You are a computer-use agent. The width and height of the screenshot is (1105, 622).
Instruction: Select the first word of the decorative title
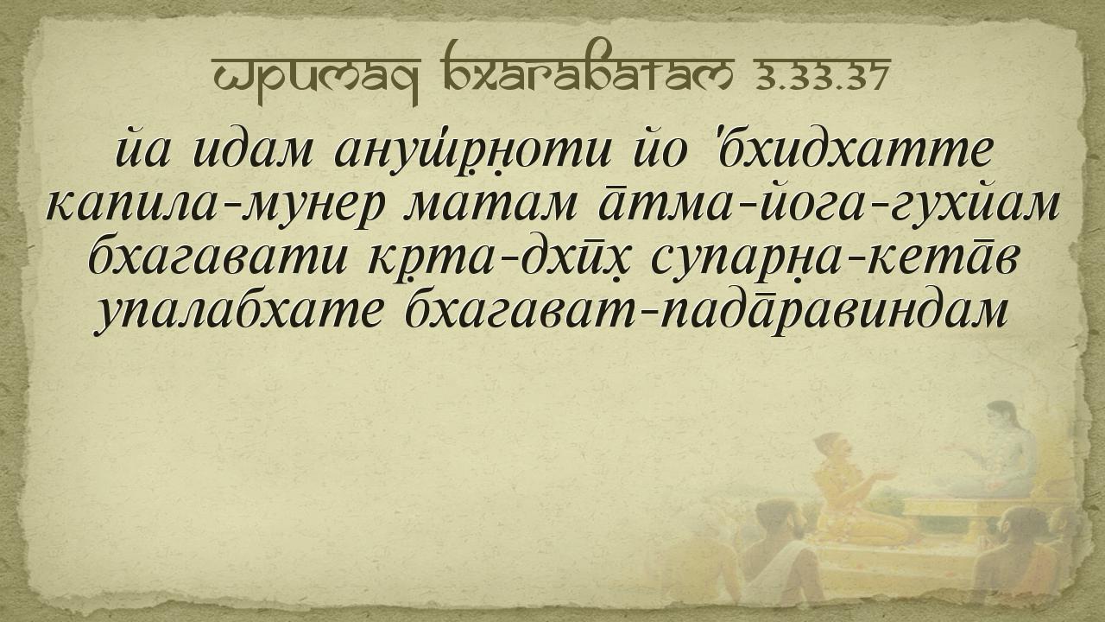click(316, 78)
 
